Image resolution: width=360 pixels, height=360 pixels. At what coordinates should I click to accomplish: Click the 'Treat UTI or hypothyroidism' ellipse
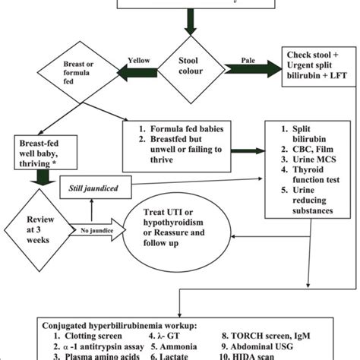[182, 226]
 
